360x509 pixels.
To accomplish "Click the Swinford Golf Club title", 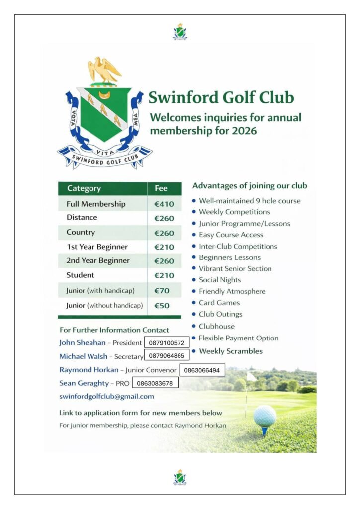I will (221, 97).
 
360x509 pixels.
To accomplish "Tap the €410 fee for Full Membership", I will (164, 204).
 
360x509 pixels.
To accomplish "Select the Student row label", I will (80, 275).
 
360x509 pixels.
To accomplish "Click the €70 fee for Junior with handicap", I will (163, 290).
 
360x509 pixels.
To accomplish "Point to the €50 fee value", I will (163, 306).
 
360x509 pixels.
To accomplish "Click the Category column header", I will (84, 188).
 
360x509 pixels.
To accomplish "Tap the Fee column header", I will (161, 188).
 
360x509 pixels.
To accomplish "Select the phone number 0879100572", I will (167, 343).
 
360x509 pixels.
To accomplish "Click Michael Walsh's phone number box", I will (167, 356).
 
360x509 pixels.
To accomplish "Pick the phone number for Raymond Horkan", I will (202, 370).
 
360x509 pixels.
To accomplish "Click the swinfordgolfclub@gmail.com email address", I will (106, 396).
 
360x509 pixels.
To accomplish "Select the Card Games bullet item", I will (219, 303).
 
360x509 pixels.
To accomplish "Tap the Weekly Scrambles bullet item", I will (230, 351).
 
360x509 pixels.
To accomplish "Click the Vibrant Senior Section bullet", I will (235, 268).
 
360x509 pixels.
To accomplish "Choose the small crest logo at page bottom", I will (180, 478).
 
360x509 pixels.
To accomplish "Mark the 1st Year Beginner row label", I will (97, 247).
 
